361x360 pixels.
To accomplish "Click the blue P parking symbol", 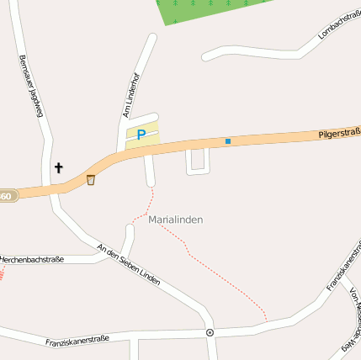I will [x=141, y=134].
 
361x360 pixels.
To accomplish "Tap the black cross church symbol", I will [x=59, y=167].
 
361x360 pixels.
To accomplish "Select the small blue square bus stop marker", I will [x=227, y=141].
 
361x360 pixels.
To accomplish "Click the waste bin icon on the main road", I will [x=91, y=179].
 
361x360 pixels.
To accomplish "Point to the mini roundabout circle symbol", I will [x=210, y=332].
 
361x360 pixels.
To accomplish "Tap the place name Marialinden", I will [x=176, y=220].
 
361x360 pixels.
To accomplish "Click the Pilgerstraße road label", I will [x=339, y=132].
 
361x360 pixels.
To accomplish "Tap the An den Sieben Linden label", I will [x=128, y=264].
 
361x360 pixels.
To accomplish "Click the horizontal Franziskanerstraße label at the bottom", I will [x=77, y=341].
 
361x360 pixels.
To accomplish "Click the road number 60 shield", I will [x=7, y=196].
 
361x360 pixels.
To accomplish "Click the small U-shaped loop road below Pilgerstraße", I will [x=198, y=162].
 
